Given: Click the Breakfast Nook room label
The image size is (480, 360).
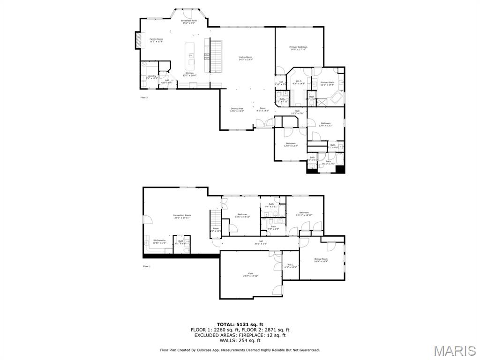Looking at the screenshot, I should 188,22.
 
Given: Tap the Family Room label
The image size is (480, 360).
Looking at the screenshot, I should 156,40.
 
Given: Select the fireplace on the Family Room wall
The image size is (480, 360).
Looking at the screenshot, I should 138,40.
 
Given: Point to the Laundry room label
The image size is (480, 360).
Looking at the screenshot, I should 151,77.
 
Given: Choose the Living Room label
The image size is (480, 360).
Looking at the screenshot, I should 246,58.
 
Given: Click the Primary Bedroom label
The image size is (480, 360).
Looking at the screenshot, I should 298,48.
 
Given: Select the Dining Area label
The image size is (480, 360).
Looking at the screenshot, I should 237,110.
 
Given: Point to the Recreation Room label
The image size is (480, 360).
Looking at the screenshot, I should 182,216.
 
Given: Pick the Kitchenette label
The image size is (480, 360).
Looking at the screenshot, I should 159,241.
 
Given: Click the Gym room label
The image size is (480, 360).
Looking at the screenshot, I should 250,275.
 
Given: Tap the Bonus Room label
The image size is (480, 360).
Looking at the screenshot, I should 321,260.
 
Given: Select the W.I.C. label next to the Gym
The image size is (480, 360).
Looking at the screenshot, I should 291,266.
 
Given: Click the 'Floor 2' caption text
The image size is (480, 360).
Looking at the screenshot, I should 144,97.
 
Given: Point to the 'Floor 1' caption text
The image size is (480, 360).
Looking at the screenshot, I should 147,266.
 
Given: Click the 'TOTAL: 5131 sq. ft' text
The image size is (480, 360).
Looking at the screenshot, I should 240,324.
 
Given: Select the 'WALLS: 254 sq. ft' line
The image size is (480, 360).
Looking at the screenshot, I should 240,340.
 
